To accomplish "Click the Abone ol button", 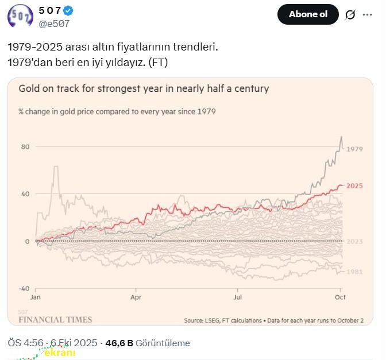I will point(308,14).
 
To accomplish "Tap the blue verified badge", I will point(68,11).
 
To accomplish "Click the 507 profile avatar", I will point(20,16).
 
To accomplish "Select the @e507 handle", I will point(54,24).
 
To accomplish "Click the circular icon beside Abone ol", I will point(350,15).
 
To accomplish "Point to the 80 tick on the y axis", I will point(25,146).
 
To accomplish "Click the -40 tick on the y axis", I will point(24,288).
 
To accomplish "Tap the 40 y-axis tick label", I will point(25,193).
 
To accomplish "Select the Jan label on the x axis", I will point(35,298).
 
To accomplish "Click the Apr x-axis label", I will point(136,298).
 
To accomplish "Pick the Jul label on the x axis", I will point(237,298).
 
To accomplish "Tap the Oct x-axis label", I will point(339,298).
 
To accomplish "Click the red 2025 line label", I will point(354,185).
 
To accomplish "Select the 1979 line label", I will point(354,149).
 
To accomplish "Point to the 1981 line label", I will point(354,271).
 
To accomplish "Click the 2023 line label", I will point(354,241).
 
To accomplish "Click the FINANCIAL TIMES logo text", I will point(55,319).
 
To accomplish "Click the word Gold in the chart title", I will point(29,89).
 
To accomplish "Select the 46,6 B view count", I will point(119,343).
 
